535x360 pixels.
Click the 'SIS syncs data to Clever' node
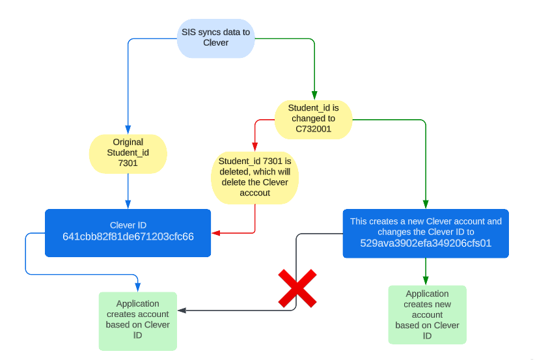coord(215,38)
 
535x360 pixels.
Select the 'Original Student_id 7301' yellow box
coord(128,153)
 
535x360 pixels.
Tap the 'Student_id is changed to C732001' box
coord(313,118)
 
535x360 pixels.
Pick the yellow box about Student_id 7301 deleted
coord(254,177)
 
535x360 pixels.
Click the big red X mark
coord(297,288)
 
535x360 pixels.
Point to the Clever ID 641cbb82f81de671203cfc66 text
coord(128,236)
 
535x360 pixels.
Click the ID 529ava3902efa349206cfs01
coord(426,243)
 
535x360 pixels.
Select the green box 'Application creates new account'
coord(427,314)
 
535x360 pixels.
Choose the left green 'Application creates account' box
coord(138,320)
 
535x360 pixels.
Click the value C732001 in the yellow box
coord(313,129)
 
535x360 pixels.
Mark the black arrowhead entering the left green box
coord(182,311)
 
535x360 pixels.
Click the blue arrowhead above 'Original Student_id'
coord(128,130)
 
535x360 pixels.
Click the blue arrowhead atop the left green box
coord(138,287)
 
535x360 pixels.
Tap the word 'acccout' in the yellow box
coord(254,193)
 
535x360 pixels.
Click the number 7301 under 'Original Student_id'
coord(128,163)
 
